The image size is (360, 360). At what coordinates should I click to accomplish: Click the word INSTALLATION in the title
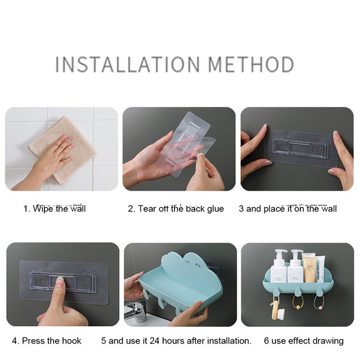128,64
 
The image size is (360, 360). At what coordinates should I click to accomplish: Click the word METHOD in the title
251,64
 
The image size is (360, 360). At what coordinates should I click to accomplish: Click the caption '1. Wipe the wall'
55,209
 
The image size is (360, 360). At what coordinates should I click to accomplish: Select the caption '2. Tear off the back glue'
176,209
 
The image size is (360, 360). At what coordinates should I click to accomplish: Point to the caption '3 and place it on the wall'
287,209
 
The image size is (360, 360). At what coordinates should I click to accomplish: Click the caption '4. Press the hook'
47,341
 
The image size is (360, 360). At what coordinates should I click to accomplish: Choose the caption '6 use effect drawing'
304,341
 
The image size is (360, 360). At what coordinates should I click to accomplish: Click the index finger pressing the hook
58,291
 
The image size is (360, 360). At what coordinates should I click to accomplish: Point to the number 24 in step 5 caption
155,341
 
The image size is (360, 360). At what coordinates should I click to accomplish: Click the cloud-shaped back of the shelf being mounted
181,266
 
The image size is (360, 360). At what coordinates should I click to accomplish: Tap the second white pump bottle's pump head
297,252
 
